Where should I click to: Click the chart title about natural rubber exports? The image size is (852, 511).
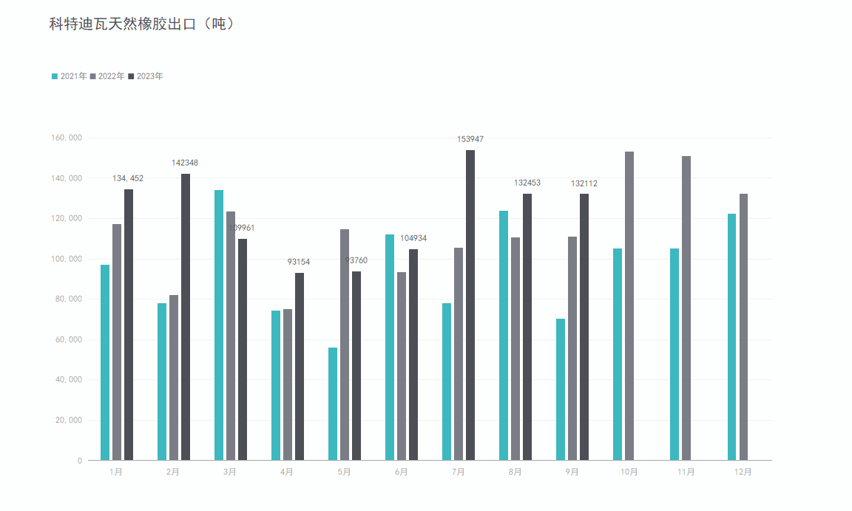point(142,24)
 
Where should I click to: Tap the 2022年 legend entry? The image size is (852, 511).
point(107,76)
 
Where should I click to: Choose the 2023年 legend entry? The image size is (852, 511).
point(146,76)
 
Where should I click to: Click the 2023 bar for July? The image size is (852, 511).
point(470,305)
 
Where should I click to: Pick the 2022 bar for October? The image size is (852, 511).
point(629,305)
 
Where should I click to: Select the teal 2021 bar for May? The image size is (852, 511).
point(333,404)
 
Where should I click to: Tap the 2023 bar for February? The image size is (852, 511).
point(186,317)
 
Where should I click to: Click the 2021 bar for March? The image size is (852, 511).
point(219,325)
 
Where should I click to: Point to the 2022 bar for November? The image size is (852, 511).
point(686,308)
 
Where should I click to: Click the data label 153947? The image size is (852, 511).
point(470,139)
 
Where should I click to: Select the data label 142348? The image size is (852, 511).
point(185,163)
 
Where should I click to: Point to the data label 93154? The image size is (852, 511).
point(299,262)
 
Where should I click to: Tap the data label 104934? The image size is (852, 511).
point(413,238)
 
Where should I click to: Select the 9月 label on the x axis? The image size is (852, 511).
point(572,472)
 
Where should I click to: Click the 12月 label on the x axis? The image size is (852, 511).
point(743,472)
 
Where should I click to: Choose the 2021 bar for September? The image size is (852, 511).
point(561,389)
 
